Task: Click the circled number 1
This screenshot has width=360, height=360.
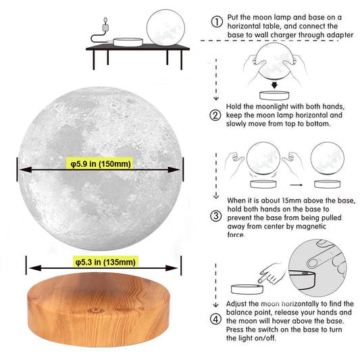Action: point(217,22)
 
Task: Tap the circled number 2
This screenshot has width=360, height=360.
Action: point(215,115)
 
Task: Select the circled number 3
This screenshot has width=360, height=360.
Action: point(216,216)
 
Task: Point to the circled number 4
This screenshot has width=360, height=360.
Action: point(216,319)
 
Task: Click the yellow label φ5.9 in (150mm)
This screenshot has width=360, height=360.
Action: point(100,163)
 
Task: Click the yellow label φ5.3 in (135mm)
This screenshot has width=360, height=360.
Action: point(105,261)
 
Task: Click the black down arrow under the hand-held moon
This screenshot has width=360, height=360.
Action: point(274,85)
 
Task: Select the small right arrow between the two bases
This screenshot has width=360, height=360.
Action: point(297,185)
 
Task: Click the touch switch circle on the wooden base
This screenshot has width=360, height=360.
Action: point(96,311)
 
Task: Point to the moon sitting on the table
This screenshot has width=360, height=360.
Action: point(165,28)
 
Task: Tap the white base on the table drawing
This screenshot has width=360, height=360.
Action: point(128,43)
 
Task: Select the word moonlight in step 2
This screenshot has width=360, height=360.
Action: point(272,107)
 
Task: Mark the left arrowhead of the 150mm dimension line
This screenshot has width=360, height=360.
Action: point(25,170)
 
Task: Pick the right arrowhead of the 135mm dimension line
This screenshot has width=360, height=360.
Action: point(172,268)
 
